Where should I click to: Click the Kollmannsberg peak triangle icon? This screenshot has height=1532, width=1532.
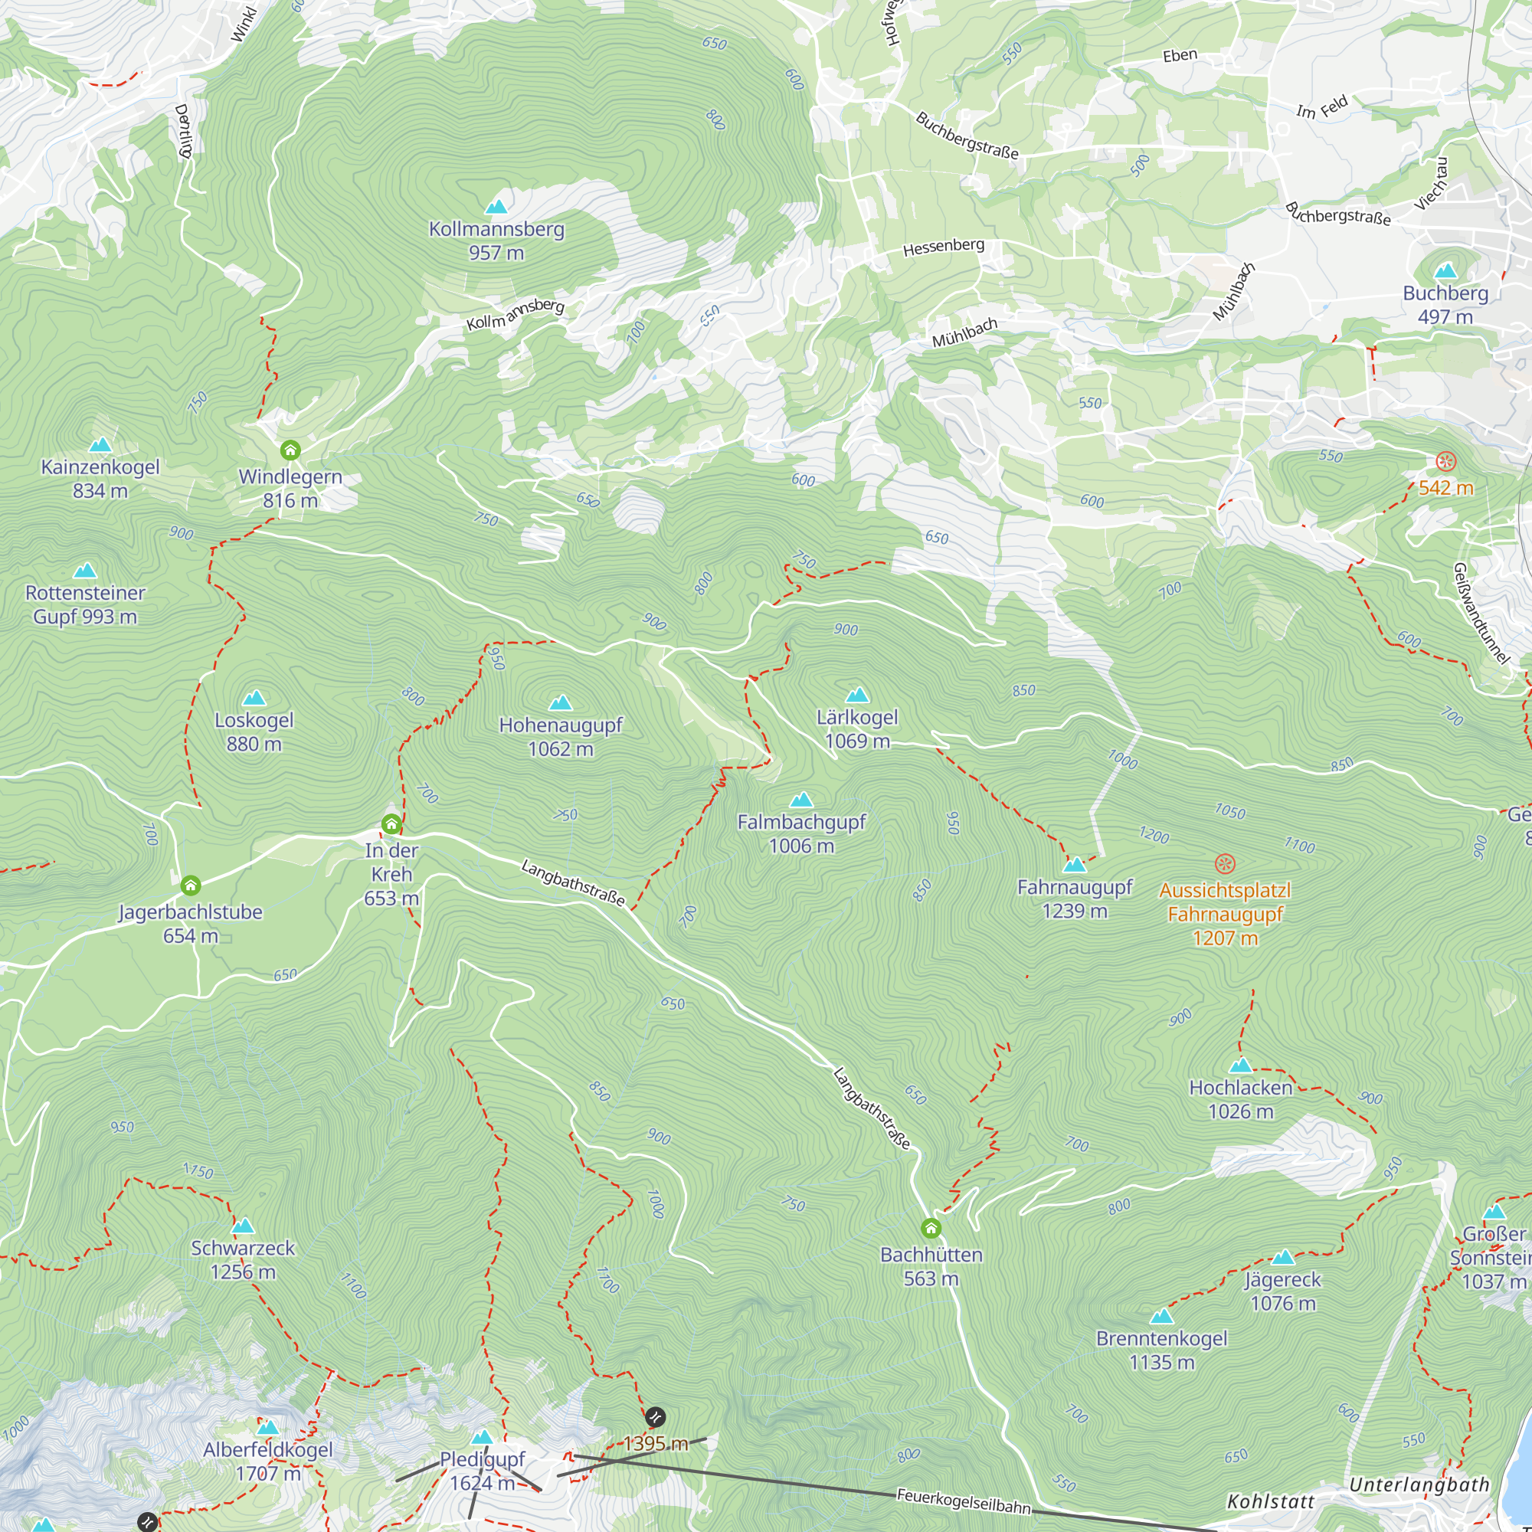496,207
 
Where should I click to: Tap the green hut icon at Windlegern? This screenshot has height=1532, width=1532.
290,450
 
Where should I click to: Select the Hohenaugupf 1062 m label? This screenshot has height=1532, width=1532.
561,737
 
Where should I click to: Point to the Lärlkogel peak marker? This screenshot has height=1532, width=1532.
857,696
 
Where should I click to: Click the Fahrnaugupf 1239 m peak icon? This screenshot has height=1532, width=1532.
1075,864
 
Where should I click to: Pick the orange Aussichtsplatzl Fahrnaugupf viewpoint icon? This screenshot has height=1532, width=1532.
1225,863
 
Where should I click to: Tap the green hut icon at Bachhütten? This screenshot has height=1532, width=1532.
931,1229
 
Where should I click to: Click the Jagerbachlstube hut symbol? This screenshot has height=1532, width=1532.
190,885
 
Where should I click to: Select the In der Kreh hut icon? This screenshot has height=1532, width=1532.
391,825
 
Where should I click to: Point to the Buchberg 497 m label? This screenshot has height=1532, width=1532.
1445,305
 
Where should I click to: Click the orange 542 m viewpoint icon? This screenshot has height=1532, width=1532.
1446,460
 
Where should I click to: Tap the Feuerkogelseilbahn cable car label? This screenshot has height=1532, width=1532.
964,1501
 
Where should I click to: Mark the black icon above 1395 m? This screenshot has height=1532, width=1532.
655,1416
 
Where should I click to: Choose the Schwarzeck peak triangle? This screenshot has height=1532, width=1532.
243,1226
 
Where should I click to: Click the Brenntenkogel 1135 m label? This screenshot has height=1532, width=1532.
1162,1350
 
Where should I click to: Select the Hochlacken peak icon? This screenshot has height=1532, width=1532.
1240,1065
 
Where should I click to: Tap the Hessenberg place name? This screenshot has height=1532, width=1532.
944,247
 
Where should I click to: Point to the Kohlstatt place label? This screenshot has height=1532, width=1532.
1270,1501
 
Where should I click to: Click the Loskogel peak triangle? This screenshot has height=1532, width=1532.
254,698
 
